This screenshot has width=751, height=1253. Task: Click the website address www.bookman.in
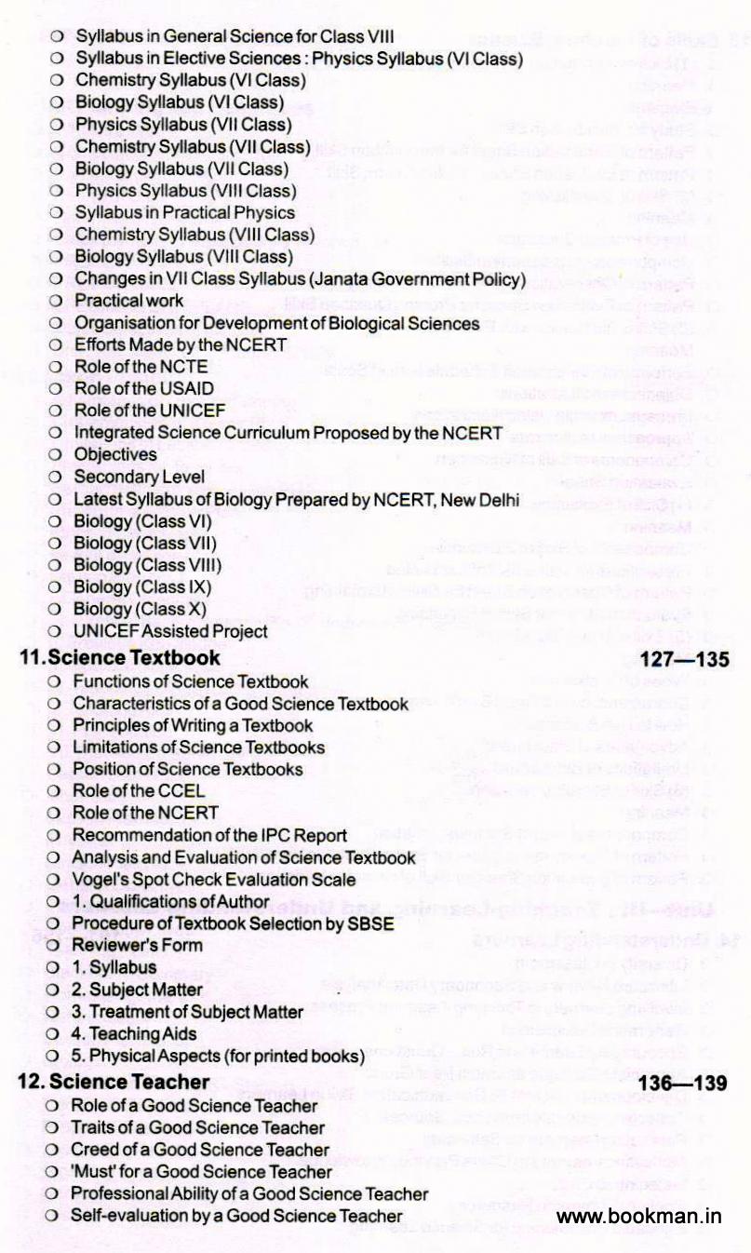[639, 1216]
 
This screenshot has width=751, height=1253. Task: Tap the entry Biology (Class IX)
[142, 587]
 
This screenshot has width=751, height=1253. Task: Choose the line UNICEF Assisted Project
[170, 631]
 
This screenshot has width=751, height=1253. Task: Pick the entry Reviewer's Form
[137, 945]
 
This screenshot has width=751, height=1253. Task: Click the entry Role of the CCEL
[139, 791]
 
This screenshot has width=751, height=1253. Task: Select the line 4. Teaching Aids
[137, 1033]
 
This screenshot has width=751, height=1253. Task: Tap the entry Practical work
[129, 301]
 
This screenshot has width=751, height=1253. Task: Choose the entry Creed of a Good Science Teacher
[200, 1149]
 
